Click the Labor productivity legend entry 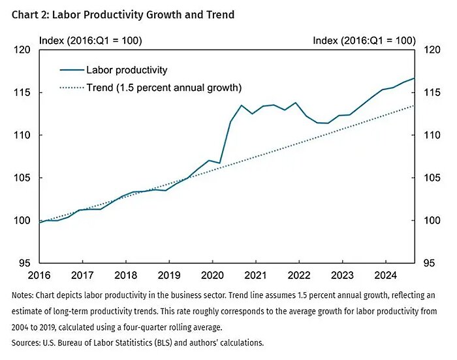point(114,70)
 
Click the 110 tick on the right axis point(433,135)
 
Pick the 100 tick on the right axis point(433,221)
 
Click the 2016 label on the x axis point(39,275)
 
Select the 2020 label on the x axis point(212,275)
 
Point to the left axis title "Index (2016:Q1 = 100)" point(91,41)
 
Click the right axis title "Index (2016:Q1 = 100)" point(364,41)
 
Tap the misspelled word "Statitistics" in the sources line point(138,342)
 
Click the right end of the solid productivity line point(415,78)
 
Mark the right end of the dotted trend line point(415,106)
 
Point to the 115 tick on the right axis point(433,93)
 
